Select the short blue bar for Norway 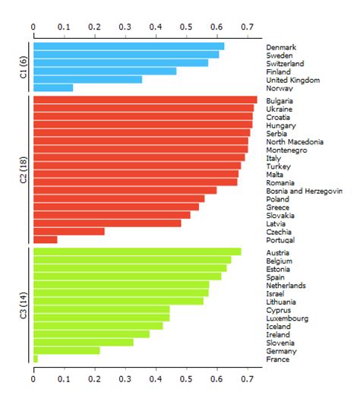coord(53,88)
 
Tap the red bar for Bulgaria coord(145,100)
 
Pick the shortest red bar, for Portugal coord(46,240)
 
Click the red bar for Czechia coord(69,232)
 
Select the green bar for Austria coord(137,252)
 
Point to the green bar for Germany coord(67,351)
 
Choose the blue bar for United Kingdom coord(87,80)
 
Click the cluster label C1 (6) coord(23,67)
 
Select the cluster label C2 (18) coord(23,169)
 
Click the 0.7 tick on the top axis coord(247,27)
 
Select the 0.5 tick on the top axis coord(186,27)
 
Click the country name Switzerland coord(285,64)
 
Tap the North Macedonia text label coord(295,142)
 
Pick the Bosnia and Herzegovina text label coord(304,191)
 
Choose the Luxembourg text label coord(287,318)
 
